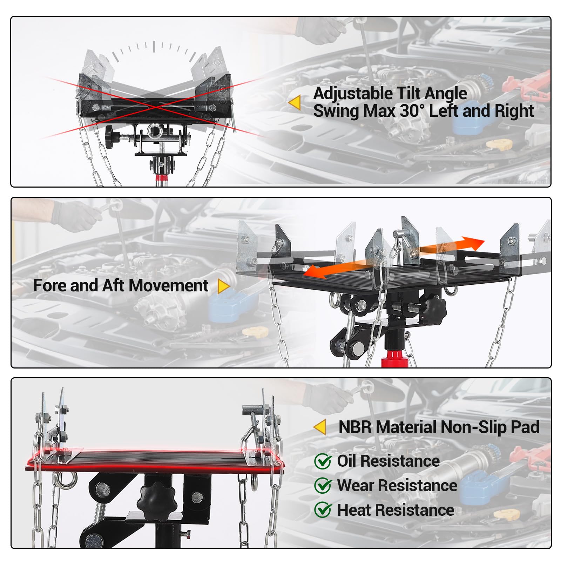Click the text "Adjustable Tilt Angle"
390,94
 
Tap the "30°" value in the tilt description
412,111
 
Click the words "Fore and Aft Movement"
121,285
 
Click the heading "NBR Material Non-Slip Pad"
439,427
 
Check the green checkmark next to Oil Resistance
323,461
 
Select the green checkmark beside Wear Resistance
323,486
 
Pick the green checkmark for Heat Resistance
323,510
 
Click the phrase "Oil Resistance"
388,461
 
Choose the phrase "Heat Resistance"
396,510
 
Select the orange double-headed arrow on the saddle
393,258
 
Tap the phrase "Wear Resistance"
397,486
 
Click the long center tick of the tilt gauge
154,47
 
